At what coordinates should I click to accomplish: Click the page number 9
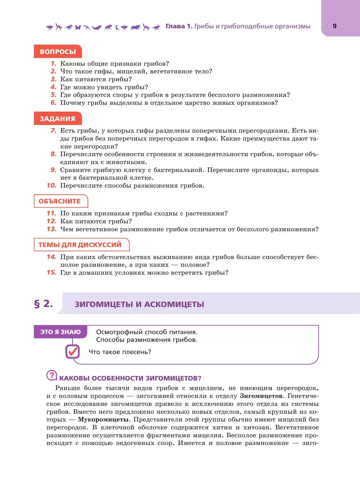(334, 26)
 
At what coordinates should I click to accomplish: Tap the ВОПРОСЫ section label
(58, 52)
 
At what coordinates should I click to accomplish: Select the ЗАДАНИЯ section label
(58, 119)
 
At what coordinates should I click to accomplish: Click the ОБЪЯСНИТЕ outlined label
(60, 201)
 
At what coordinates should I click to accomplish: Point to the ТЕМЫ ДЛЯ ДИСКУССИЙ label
(80, 245)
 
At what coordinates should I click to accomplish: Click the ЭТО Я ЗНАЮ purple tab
(61, 332)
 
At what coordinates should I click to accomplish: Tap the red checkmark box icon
(73, 351)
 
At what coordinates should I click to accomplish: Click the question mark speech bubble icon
(52, 375)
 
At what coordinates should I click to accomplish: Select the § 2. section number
(43, 304)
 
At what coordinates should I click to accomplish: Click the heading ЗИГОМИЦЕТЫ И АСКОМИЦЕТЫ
(139, 304)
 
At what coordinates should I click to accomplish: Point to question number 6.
(53, 103)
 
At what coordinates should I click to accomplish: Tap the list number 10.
(52, 186)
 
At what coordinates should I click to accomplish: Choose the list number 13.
(52, 229)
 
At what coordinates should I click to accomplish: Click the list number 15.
(52, 273)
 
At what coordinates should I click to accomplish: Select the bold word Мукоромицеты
(103, 420)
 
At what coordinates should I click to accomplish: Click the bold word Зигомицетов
(261, 396)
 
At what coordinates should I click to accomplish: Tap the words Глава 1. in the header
(179, 26)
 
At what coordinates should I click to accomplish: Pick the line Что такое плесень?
(120, 352)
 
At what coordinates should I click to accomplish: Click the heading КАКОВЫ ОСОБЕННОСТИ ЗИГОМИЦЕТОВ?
(130, 378)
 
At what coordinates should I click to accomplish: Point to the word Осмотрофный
(119, 332)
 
